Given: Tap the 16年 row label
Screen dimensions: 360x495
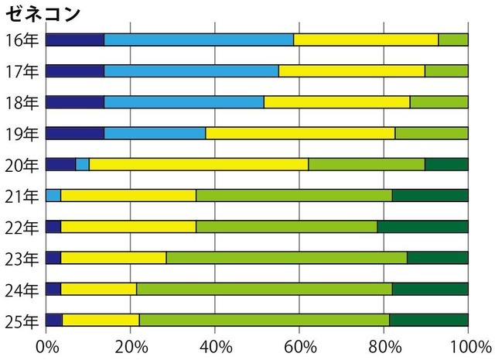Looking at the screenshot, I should tap(20, 40).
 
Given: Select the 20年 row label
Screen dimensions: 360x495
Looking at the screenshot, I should tap(20, 164).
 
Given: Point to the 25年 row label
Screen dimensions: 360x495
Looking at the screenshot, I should tap(20, 321).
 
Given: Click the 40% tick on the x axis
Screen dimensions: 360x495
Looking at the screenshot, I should tap(215, 345).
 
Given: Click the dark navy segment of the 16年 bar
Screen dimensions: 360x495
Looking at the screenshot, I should tap(75, 40).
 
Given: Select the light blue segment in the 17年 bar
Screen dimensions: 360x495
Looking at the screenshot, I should tap(191, 71).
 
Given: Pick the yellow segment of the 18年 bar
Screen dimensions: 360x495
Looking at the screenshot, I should tap(336, 102).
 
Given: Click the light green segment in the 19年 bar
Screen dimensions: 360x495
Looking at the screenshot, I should tap(431, 133).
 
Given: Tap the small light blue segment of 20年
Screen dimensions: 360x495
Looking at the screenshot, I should tap(82, 164).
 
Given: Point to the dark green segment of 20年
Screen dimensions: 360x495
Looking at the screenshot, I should tap(446, 164).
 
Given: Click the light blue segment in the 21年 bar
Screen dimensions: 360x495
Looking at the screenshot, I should tap(53, 195).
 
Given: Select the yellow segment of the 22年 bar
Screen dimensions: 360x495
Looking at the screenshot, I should tap(128, 226).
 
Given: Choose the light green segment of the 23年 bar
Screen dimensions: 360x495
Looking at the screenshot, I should tap(286, 258).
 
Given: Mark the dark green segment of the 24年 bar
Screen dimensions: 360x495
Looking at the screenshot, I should tap(430, 289).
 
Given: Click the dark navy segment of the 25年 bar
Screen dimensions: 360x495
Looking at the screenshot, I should tap(54, 320).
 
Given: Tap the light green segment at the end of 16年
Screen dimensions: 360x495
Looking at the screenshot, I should tap(453, 40).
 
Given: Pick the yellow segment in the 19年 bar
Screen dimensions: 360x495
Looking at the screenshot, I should tap(300, 133).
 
